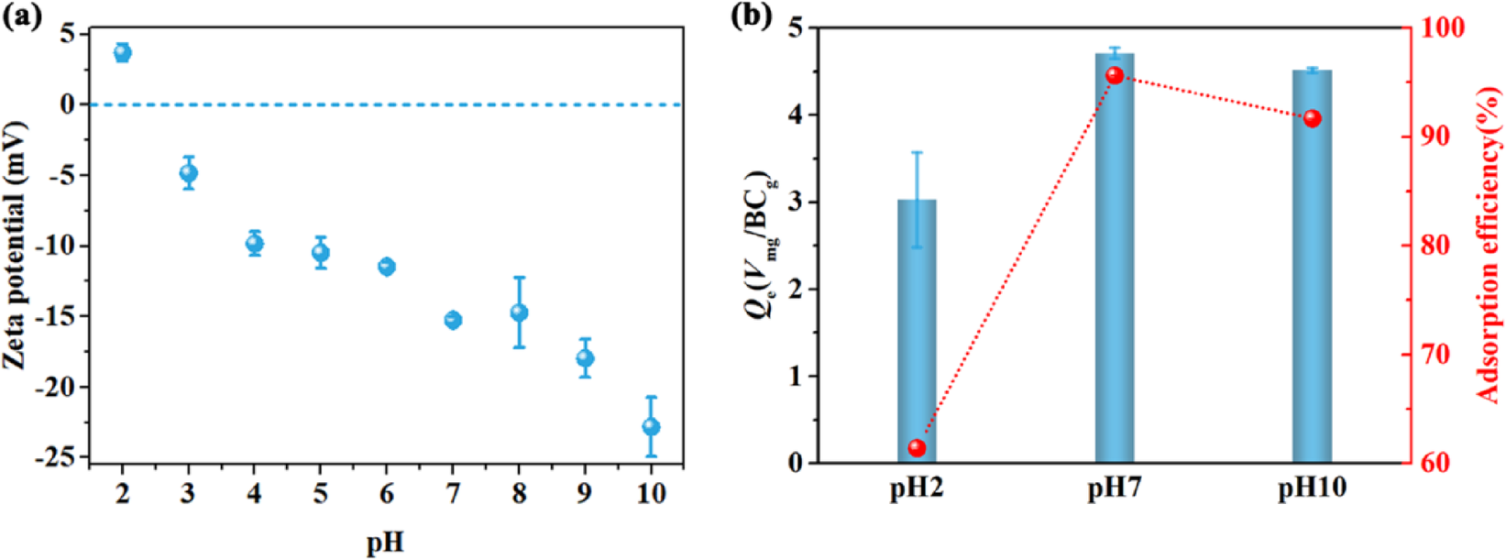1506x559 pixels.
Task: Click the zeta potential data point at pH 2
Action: pyautogui.click(x=122, y=52)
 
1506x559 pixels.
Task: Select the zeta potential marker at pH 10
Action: pyautogui.click(x=651, y=427)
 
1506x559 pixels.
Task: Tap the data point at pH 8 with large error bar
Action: pyautogui.click(x=519, y=312)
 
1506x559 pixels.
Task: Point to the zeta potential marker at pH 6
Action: pyautogui.click(x=387, y=267)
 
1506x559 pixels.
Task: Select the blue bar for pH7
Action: pyautogui.click(x=1115, y=275)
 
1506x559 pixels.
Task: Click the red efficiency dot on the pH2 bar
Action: pyautogui.click(x=917, y=448)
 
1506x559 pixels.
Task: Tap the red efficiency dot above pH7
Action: pyautogui.click(x=1115, y=75)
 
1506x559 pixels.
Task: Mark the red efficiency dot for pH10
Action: pyautogui.click(x=1312, y=118)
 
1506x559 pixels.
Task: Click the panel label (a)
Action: pyautogui.click(x=23, y=16)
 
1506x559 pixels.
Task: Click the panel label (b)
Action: pyautogui.click(x=751, y=16)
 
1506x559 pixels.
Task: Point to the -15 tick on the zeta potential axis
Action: pyautogui.click(x=59, y=316)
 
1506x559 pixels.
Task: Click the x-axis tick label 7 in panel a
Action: pyautogui.click(x=452, y=494)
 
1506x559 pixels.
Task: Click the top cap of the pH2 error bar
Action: pyautogui.click(x=917, y=152)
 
